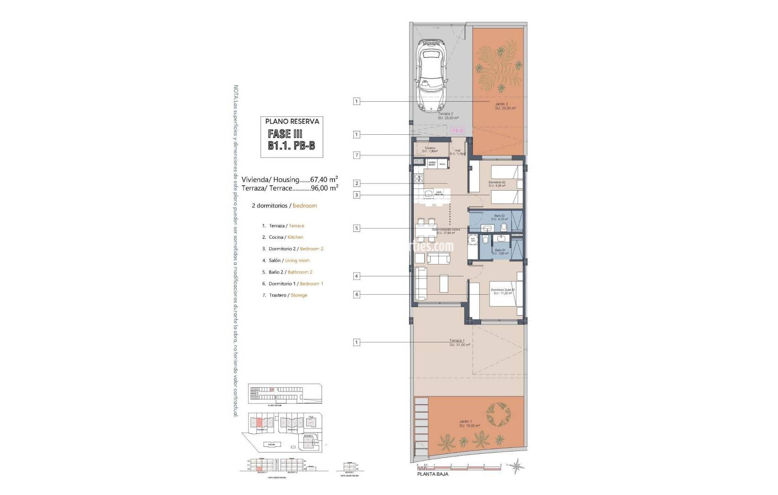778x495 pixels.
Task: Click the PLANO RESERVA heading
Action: [x=292, y=121]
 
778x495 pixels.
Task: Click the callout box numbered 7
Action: [x=357, y=155]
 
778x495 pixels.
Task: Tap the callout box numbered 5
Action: [x=357, y=228]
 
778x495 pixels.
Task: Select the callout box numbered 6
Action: [x=357, y=295]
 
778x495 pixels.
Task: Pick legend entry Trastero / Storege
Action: [x=284, y=295]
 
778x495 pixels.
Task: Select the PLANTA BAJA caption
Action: [x=432, y=474]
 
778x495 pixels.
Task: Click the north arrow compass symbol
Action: [x=518, y=467]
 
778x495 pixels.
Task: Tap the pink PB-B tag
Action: [x=458, y=131]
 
